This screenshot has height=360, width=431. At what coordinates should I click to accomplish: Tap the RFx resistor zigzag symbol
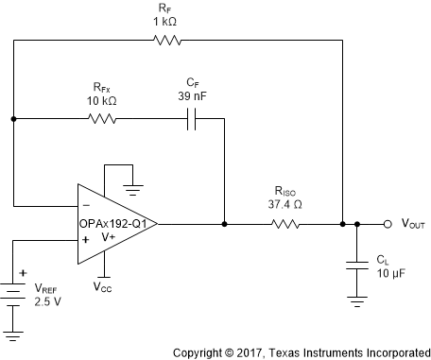(102, 119)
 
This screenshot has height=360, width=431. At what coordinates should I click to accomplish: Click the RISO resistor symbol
(284, 225)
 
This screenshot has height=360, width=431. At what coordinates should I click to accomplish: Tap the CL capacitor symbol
(355, 266)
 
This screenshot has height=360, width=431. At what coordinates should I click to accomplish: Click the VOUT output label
(409, 225)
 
